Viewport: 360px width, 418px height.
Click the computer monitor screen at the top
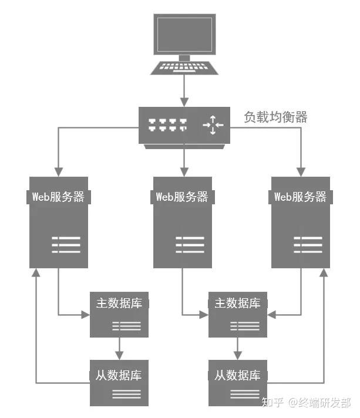pos(184,35)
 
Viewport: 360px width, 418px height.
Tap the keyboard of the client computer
pos(184,68)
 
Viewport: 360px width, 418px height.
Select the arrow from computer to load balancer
pos(184,90)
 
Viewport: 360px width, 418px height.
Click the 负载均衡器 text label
pos(276,117)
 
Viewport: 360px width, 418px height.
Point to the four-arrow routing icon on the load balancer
pos(213,125)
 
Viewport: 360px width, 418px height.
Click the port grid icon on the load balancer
pos(168,125)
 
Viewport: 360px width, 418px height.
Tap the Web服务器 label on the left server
pos(58,197)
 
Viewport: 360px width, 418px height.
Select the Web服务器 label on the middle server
pos(183,197)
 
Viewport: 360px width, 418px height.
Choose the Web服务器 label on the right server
pos(301,197)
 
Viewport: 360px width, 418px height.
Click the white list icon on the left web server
pos(66,244)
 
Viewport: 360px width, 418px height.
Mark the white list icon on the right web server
pos(308,244)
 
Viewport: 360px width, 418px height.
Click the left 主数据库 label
pos(119,303)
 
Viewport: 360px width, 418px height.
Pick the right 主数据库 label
pos(237,303)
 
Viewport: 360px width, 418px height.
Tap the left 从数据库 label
pos(119,375)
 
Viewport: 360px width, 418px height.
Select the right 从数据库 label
pos(237,375)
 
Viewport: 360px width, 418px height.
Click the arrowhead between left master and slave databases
pos(119,355)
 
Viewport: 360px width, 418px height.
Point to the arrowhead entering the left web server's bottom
pos(36,273)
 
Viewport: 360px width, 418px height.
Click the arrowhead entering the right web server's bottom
pos(324,273)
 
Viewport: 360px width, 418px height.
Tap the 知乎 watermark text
pos(272,403)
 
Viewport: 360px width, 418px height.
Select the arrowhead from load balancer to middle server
pos(184,172)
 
